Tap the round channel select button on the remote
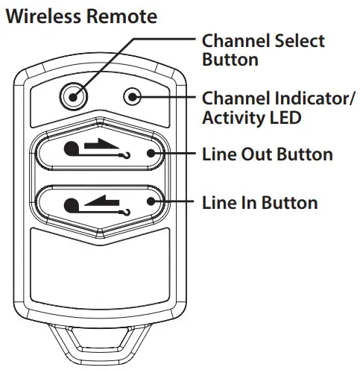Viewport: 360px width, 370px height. coord(72,95)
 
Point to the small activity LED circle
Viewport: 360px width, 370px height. coord(133,96)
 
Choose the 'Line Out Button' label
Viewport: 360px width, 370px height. coord(267,154)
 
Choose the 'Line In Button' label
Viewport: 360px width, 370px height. coord(260,202)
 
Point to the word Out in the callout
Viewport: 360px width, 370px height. coord(251,154)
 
